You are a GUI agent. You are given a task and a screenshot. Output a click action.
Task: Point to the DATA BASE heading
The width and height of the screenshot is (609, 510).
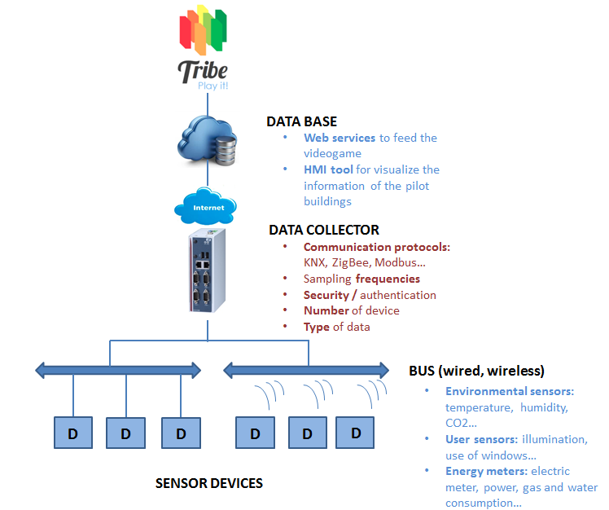[301, 121]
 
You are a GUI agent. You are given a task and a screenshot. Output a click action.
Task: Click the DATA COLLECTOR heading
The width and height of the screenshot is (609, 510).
[324, 230]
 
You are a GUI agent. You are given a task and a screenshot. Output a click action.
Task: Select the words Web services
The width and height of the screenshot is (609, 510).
[340, 138]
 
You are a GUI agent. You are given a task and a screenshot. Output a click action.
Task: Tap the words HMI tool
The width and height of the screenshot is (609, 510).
[329, 169]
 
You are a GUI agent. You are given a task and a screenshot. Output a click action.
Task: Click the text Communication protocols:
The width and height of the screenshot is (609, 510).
[377, 247]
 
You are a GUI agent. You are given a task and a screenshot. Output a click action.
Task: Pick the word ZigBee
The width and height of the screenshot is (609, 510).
[351, 262]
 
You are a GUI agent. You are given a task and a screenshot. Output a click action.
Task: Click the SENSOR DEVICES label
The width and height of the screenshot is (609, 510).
[209, 483]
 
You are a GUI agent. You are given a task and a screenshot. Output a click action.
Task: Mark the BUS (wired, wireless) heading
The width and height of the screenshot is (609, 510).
[476, 370]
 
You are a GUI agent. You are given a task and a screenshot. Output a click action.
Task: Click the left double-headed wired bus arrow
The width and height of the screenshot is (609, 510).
[118, 371]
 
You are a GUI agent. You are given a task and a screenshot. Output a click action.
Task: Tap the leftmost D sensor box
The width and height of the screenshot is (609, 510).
[73, 433]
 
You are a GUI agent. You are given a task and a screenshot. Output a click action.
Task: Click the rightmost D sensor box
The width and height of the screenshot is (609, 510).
[356, 432]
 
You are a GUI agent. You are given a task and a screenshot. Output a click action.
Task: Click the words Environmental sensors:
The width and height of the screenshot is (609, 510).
[510, 391]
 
